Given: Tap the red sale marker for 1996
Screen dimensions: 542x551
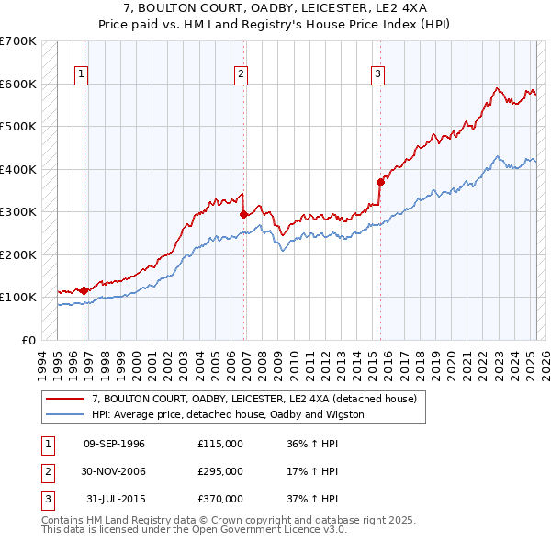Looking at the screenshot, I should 84,290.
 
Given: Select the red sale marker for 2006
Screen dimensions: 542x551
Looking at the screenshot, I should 244,214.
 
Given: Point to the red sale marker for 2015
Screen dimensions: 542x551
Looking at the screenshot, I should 380,182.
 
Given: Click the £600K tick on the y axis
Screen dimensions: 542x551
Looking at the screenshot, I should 18,84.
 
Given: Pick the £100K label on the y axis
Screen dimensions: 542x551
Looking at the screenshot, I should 18,297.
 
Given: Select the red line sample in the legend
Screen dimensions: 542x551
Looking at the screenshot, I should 63,399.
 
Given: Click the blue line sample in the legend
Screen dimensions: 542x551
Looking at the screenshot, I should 63,414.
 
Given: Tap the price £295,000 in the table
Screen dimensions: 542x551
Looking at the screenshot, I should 220,471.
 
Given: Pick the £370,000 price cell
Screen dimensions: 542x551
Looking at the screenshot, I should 220,499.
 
